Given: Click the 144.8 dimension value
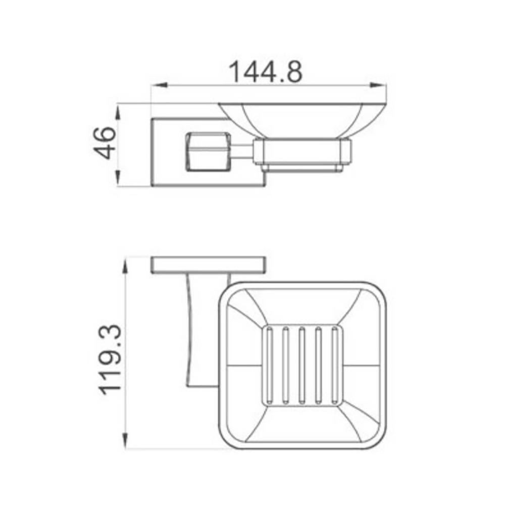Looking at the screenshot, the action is click(266, 72).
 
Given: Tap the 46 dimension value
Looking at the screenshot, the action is click(105, 143).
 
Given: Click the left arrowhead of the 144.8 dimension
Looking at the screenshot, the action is click(160, 85).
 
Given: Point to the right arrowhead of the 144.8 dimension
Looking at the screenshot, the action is click(378, 85).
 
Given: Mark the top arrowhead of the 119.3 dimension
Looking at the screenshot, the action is click(125, 266).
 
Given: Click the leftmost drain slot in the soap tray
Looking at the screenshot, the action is click(269, 366).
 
